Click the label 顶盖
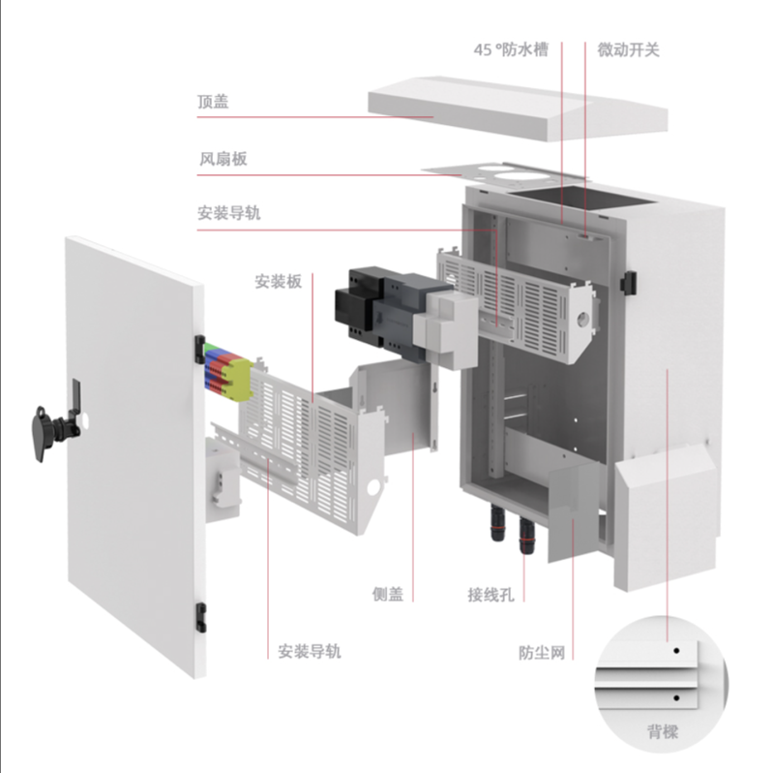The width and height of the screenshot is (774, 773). pos(213,102)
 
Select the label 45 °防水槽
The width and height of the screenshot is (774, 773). pos(511,49)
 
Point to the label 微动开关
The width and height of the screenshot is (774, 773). pos(628,49)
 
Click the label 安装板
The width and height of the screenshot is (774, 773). pos(279,282)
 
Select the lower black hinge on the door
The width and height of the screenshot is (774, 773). pos(201,613)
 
